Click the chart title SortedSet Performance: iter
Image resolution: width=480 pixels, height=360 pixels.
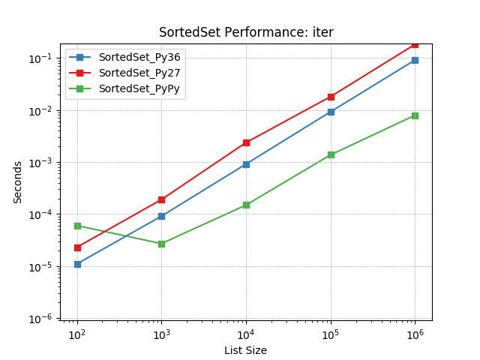coord(246,32)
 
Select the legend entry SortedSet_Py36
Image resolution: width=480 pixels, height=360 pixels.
coord(139,58)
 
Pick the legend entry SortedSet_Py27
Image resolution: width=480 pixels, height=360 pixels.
coord(139,73)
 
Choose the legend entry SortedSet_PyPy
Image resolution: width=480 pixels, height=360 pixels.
coord(139,88)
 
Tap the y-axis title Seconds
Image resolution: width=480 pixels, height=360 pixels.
coord(18,181)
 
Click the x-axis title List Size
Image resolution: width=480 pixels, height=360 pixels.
coord(245,350)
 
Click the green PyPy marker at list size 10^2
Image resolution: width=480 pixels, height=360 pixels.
coord(77,226)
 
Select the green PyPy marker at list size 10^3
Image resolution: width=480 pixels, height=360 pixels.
coord(161,244)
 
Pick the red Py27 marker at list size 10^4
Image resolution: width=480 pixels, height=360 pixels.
coord(246,142)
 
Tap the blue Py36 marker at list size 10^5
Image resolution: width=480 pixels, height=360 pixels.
coord(331,112)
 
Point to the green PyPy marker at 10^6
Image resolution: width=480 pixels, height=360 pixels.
coord(415,115)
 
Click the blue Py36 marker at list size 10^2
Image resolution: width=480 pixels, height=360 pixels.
coord(77,264)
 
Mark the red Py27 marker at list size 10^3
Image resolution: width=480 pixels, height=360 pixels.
coord(161,199)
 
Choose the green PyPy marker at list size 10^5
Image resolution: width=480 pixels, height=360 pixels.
coord(331,154)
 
